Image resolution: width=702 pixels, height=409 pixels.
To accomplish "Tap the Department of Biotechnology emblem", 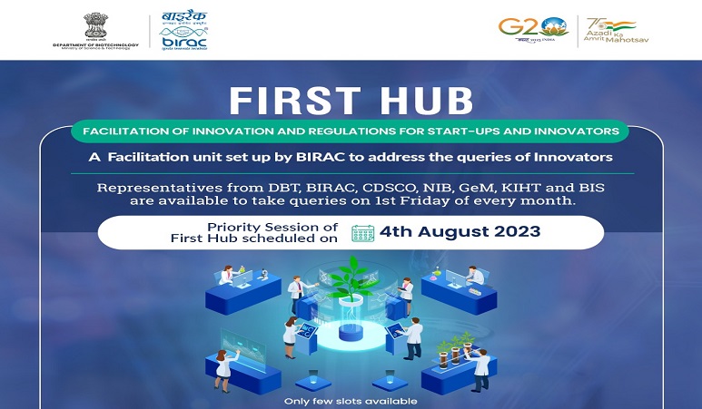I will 94,26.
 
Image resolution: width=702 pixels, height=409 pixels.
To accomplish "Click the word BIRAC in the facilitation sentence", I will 323,158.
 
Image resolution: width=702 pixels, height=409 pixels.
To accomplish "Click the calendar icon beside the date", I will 363,232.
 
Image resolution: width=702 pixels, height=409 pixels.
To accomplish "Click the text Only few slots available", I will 351,401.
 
